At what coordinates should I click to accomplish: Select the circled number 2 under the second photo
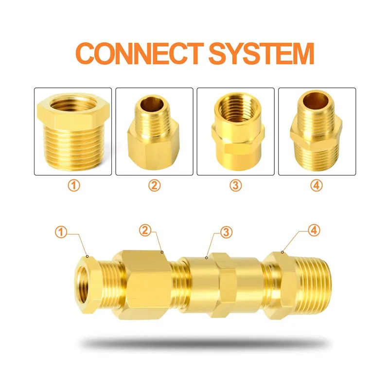click(x=154, y=185)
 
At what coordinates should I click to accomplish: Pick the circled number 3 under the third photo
click(x=236, y=185)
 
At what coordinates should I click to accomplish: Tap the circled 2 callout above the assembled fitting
click(x=144, y=230)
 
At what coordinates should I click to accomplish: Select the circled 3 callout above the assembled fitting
click(x=225, y=232)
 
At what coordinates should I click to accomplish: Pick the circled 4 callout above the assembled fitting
click(x=315, y=230)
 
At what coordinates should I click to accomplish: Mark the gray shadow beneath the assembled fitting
click(x=204, y=343)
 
